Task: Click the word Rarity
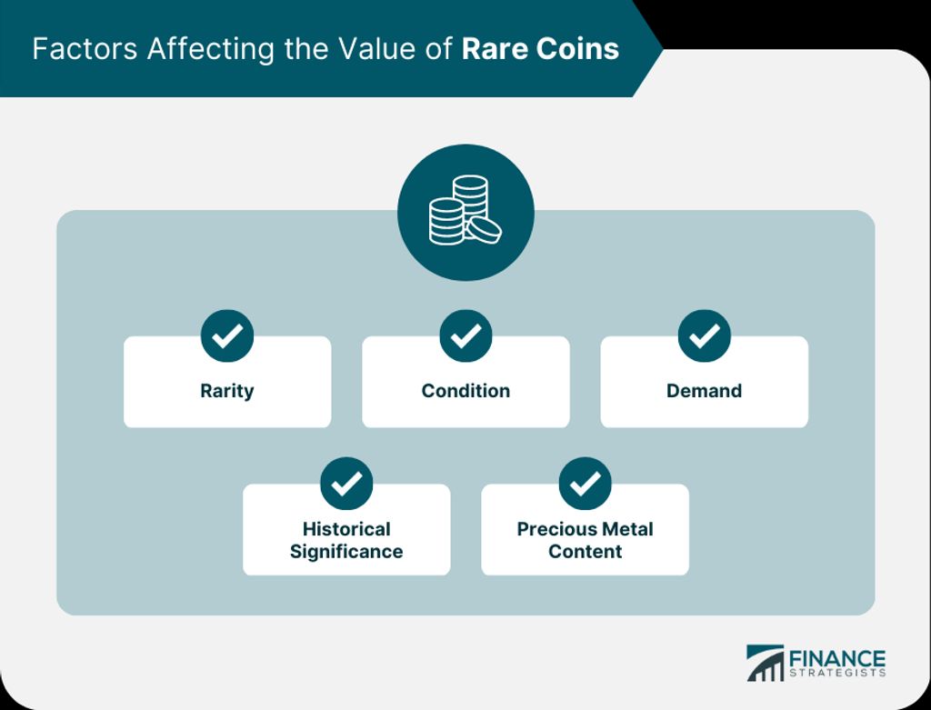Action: (x=226, y=391)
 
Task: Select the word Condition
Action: (x=465, y=391)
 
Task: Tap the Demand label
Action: (x=705, y=391)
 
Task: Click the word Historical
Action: (x=346, y=529)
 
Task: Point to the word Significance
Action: (x=346, y=552)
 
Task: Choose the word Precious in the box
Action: (x=551, y=529)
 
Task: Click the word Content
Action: (x=586, y=552)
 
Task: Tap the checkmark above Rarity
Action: (x=227, y=336)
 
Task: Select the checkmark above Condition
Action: (x=466, y=336)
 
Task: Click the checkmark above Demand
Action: (x=705, y=336)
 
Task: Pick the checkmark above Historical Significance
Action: (x=346, y=484)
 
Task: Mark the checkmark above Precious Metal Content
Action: (x=586, y=484)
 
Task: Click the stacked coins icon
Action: (x=465, y=210)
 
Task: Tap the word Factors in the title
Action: (x=85, y=49)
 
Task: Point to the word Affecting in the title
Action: (x=211, y=49)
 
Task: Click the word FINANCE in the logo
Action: (x=837, y=659)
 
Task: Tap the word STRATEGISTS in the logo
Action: (x=837, y=674)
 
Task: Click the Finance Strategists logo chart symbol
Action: (x=765, y=663)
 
